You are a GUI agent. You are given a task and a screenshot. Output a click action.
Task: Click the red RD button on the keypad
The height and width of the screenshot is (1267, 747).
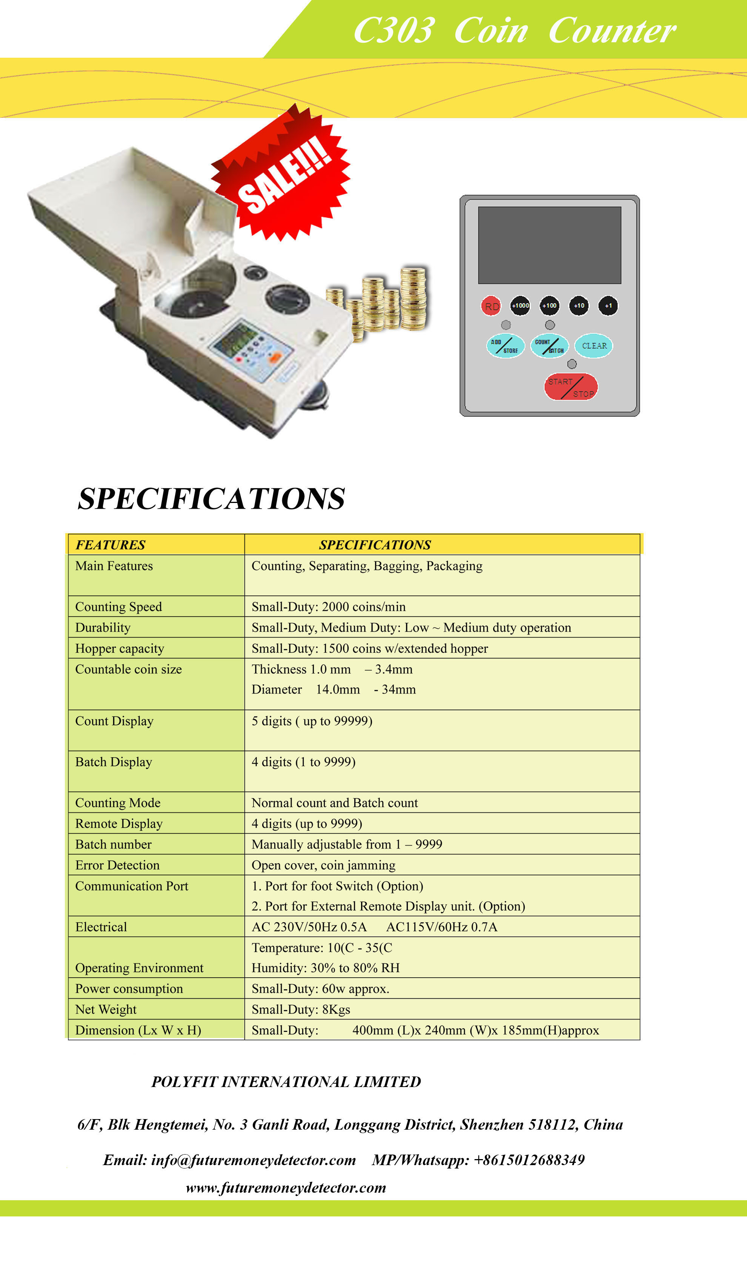[x=491, y=306]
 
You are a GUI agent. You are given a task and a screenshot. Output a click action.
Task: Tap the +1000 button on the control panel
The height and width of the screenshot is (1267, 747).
[x=520, y=306]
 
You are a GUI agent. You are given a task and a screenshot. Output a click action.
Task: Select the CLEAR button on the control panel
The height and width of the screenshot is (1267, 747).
[x=594, y=346]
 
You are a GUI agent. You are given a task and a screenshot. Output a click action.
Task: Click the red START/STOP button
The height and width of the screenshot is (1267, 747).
[x=571, y=387]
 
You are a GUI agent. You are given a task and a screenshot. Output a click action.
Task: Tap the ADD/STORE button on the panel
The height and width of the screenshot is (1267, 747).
[x=505, y=346]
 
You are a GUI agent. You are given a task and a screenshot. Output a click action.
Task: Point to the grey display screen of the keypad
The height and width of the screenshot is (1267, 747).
[x=549, y=245]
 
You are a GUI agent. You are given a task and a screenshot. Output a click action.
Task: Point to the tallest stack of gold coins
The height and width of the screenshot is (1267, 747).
[x=413, y=298]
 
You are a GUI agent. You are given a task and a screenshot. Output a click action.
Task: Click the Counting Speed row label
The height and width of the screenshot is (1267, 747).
[x=119, y=607]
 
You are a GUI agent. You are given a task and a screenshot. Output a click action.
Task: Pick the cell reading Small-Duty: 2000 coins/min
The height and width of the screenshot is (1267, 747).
[x=329, y=607]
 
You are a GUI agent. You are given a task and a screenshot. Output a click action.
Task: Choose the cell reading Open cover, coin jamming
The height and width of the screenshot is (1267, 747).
[x=324, y=865]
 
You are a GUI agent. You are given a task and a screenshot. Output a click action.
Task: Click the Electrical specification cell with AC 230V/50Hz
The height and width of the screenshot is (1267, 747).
[x=374, y=927]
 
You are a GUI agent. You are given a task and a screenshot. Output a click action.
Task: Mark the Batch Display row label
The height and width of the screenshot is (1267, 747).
[x=114, y=762]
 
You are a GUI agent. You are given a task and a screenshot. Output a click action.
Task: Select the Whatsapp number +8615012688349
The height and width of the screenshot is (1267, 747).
[x=529, y=1160]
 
